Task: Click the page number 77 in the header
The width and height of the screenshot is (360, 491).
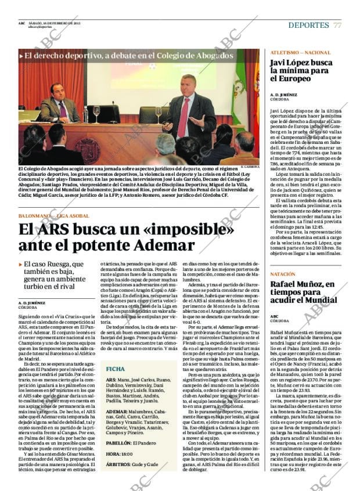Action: (x=337, y=26)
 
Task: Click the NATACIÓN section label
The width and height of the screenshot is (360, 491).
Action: (x=283, y=273)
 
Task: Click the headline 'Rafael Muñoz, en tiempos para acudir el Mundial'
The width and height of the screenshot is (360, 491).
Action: (x=303, y=293)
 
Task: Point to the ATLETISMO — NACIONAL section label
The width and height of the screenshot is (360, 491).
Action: (x=300, y=52)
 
